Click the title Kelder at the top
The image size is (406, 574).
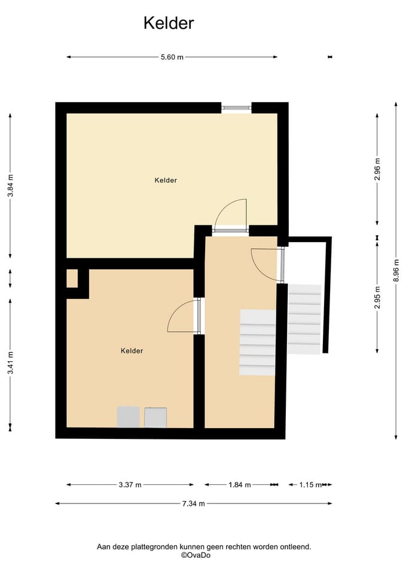coord(169,23)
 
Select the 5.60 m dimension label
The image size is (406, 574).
coord(172,57)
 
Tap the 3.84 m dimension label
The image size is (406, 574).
coord(11,185)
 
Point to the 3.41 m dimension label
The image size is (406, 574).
coord(11,362)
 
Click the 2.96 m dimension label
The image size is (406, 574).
coord(377,169)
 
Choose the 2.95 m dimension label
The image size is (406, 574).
coord(377,297)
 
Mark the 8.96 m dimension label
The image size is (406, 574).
coord(396,270)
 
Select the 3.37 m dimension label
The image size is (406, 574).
coord(130,485)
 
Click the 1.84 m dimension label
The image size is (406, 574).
coord(240,485)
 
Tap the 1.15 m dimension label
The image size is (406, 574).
coord(310,485)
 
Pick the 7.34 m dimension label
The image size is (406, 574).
coord(194,503)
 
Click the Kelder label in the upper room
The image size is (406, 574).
coord(166,180)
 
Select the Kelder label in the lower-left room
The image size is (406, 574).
coord(132,351)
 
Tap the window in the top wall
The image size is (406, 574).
coord(237,108)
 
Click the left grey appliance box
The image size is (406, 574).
coord(128,417)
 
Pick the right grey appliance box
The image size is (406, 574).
coord(155,417)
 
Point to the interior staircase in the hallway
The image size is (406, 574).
coord(258,342)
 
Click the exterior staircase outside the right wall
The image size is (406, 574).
coord(304,319)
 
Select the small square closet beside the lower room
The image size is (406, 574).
coord(72,279)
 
